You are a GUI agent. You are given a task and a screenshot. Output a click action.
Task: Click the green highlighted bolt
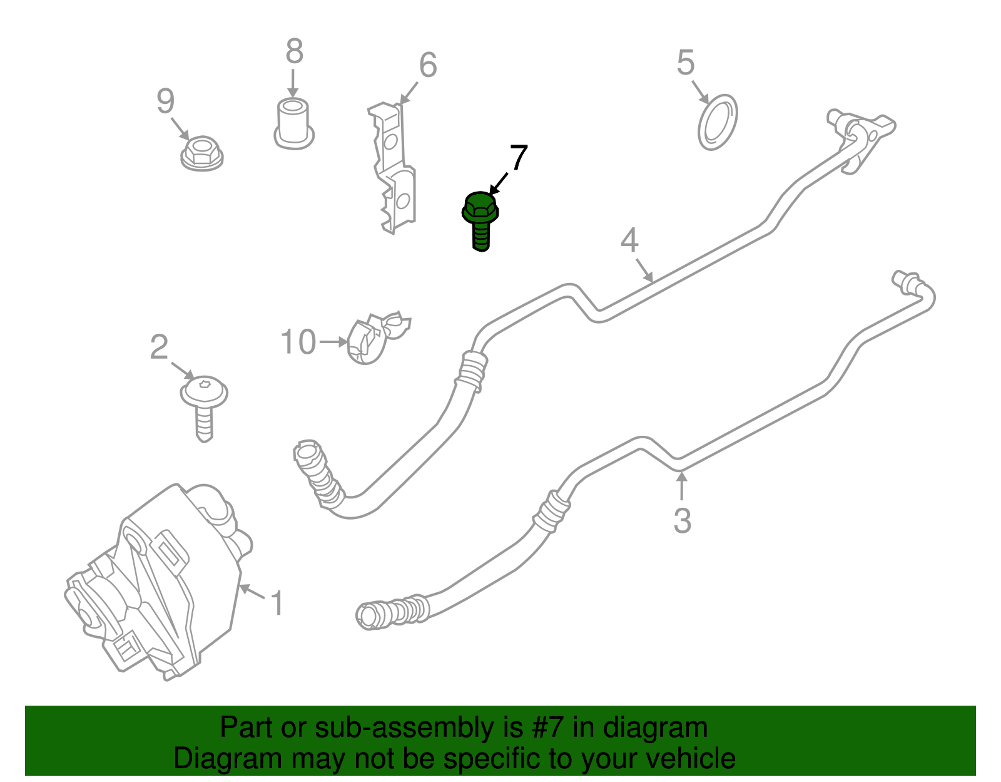(480, 221)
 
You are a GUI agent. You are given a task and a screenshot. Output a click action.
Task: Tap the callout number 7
(519, 158)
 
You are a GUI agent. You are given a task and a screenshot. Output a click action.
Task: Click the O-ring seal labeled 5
(718, 123)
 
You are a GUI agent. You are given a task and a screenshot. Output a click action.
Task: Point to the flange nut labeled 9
(202, 153)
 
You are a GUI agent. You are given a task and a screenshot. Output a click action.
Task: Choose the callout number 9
(165, 101)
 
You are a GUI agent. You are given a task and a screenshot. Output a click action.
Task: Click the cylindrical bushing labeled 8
(294, 123)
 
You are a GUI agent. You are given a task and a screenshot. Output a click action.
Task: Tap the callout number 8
(295, 51)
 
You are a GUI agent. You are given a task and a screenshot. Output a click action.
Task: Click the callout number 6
(428, 65)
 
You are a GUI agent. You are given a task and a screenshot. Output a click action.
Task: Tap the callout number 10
(298, 342)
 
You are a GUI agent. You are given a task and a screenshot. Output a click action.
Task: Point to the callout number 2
(159, 347)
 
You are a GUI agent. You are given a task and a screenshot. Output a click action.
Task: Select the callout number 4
(630, 240)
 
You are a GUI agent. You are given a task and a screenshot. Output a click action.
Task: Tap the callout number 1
(277, 603)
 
